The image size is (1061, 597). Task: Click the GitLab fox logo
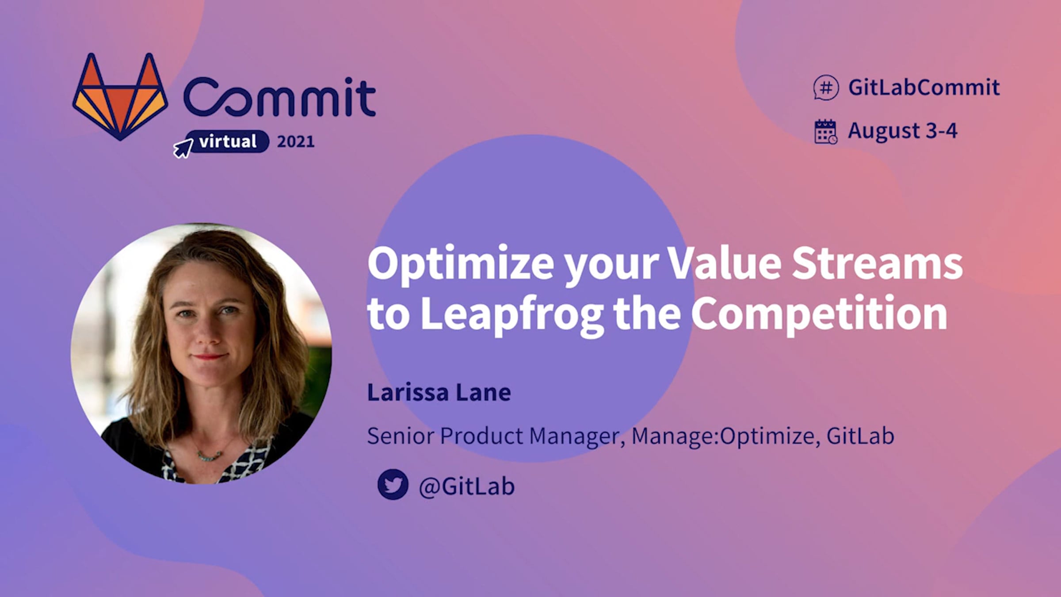point(120,97)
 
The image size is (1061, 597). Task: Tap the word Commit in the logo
point(279,96)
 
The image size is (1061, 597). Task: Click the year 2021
point(295,142)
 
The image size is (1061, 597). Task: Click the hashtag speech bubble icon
point(826,88)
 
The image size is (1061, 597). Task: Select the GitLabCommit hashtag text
point(924,87)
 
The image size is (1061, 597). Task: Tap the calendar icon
point(825,131)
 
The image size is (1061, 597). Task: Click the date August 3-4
point(902,131)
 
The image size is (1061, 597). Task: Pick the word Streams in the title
point(877,264)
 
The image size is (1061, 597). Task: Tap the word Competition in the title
point(819,314)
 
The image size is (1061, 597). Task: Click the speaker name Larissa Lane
point(439,392)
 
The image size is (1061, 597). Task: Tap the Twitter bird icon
point(393,484)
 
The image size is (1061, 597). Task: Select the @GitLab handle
point(467,486)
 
